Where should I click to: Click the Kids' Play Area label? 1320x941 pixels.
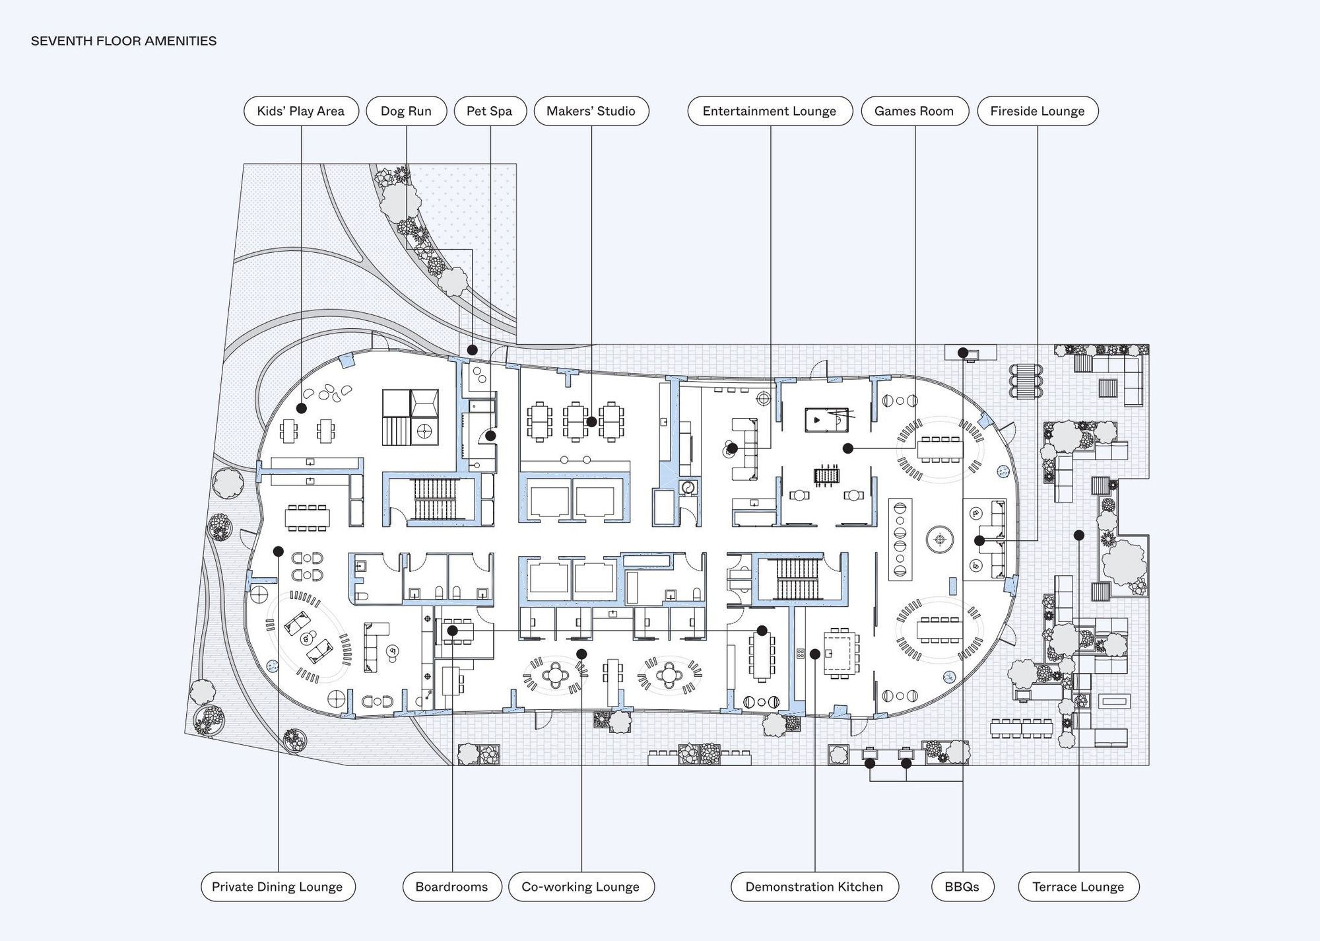301,111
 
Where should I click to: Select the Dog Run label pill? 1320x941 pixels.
406,111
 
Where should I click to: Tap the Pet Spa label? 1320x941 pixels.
490,111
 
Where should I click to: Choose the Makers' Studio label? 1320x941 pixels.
591,111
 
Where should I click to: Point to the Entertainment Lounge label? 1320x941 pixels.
770,111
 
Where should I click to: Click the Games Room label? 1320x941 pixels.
914,111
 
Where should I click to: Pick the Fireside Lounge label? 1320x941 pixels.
1038,111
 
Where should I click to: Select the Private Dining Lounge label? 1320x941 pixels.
278,887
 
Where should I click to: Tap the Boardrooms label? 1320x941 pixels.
452,887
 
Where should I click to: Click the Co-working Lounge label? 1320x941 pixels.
581,887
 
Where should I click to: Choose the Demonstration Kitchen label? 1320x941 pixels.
814,887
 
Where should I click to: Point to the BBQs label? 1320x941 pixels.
962,887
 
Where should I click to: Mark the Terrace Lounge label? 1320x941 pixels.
1078,887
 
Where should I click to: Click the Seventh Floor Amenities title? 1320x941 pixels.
124,41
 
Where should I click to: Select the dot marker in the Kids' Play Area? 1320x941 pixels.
301,409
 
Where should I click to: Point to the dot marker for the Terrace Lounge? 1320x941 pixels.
1079,535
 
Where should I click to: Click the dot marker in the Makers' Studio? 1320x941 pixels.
592,421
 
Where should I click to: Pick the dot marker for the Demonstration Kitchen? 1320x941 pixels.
815,654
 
